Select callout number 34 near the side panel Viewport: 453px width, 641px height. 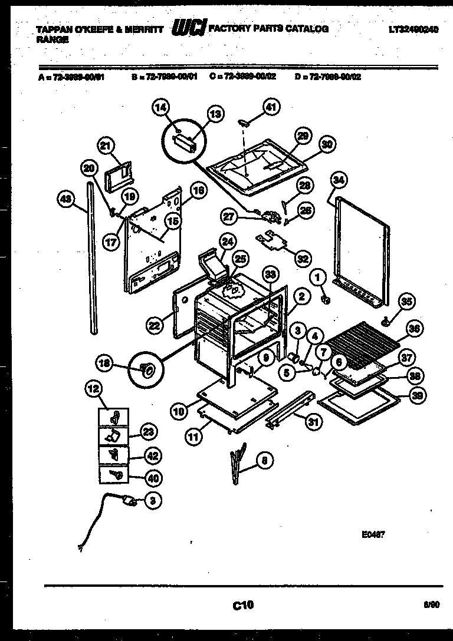click(x=337, y=180)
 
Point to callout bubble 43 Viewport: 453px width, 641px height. click(x=65, y=200)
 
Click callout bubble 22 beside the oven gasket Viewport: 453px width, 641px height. click(x=155, y=325)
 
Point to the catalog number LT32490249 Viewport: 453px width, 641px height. click(x=413, y=29)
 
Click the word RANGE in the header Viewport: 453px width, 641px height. click(x=52, y=40)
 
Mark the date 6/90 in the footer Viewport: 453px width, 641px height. click(x=431, y=604)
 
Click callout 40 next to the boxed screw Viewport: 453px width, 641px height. click(x=154, y=478)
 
